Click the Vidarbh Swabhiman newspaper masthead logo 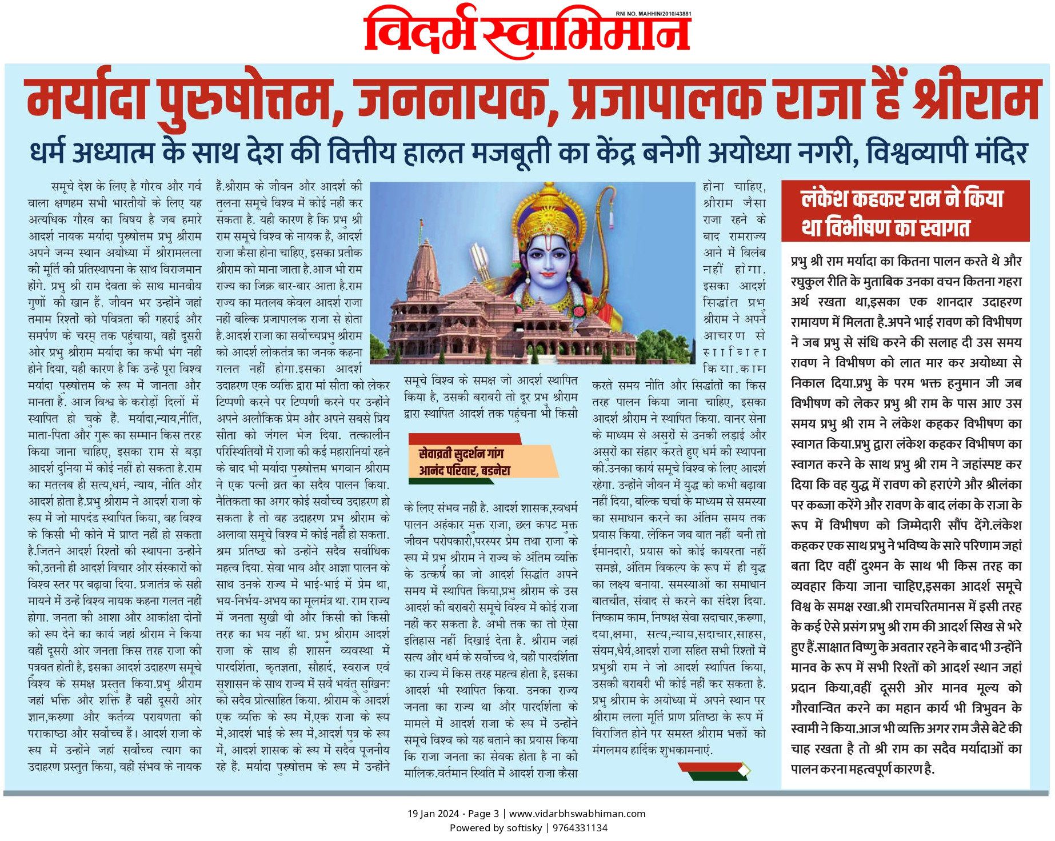(527, 33)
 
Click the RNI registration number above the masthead (653, 14)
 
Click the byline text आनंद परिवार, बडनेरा (464, 471)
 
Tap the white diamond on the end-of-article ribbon (743, 771)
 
